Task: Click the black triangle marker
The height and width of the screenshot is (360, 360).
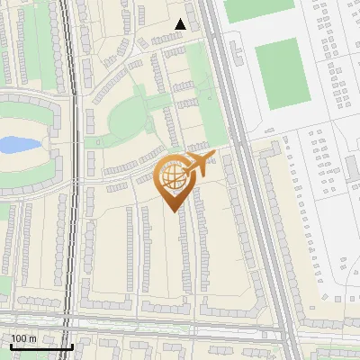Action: coord(181,24)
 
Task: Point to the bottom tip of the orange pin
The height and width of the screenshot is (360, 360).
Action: coord(171,211)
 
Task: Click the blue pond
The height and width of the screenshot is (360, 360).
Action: coord(17,144)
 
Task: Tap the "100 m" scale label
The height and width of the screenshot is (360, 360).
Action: coord(24,339)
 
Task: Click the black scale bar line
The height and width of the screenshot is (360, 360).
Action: coord(40,346)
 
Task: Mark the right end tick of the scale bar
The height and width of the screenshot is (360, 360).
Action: coord(71,345)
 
